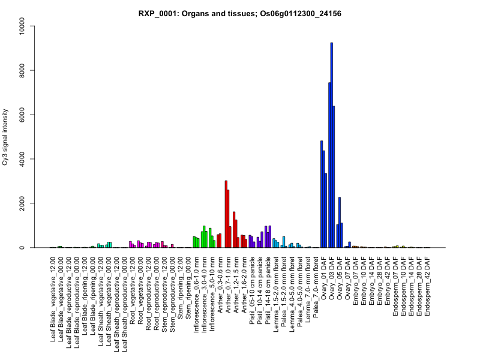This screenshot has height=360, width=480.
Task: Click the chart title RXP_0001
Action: (240, 13)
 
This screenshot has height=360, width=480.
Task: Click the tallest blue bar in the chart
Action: (332, 145)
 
